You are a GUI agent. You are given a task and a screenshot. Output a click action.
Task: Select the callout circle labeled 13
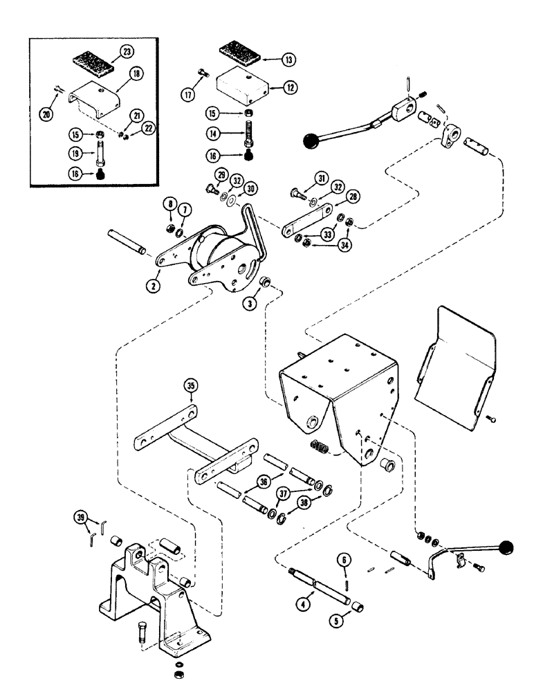[287, 60]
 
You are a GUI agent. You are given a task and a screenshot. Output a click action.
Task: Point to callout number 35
[191, 385]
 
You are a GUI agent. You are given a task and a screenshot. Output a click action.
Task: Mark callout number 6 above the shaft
[344, 561]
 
